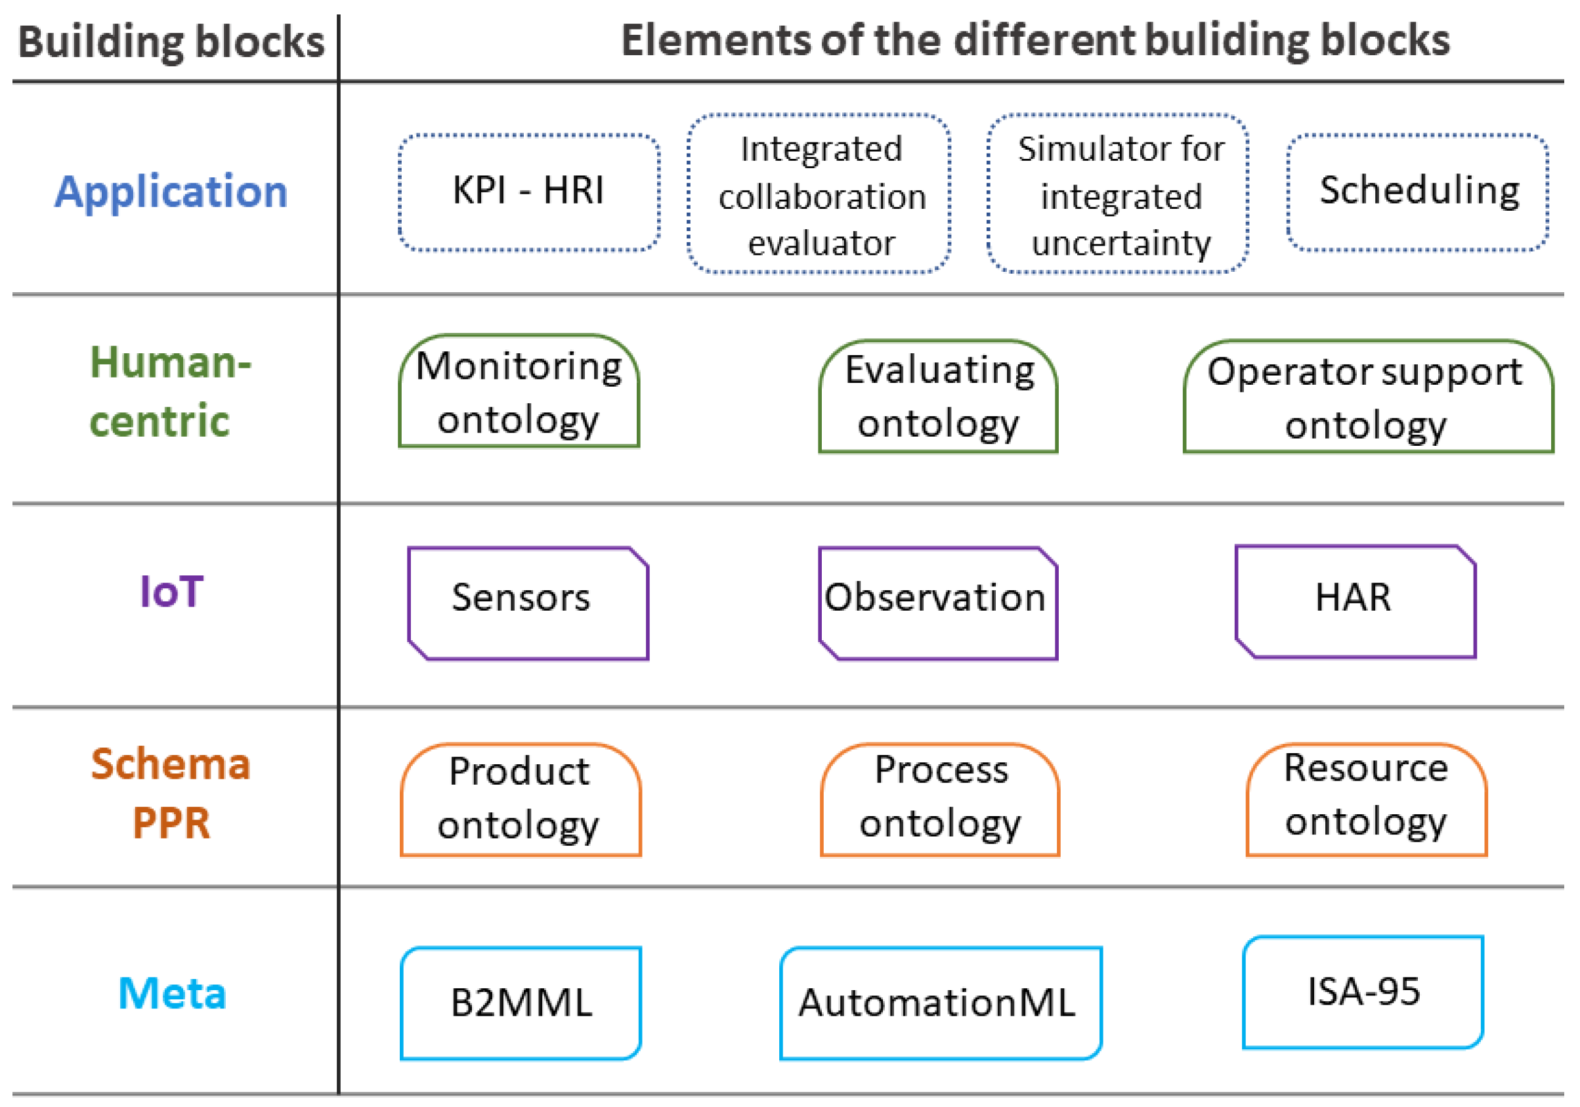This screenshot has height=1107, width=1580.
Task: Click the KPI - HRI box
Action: pyautogui.click(x=528, y=192)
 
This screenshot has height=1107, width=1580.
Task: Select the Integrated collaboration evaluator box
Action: pyautogui.click(x=819, y=194)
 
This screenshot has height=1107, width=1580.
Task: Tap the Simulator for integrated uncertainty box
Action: pyautogui.click(x=1119, y=194)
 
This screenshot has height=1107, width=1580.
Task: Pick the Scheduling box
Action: pyautogui.click(x=1418, y=192)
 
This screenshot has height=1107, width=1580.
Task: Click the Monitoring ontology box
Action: pyautogui.click(x=519, y=391)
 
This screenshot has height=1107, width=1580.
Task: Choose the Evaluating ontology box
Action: pyautogui.click(x=938, y=397)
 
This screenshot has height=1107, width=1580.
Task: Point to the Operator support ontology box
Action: pyautogui.click(x=1368, y=397)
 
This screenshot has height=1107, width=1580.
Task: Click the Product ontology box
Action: pyautogui.click(x=521, y=799)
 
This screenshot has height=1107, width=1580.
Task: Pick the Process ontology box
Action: pyautogui.click(x=940, y=799)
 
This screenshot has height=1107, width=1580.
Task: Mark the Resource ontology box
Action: pyautogui.click(x=1366, y=799)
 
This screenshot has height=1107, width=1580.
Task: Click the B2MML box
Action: pyautogui.click(x=521, y=1003)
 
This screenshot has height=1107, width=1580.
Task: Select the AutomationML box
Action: pyautogui.click(x=940, y=1003)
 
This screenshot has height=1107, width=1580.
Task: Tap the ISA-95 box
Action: pyautogui.click(x=1363, y=992)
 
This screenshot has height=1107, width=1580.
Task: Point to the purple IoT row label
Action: pyautogui.click(x=171, y=592)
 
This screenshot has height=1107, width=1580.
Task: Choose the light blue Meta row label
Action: pyautogui.click(x=172, y=993)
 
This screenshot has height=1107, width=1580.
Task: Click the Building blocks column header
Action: pyautogui.click(x=171, y=42)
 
